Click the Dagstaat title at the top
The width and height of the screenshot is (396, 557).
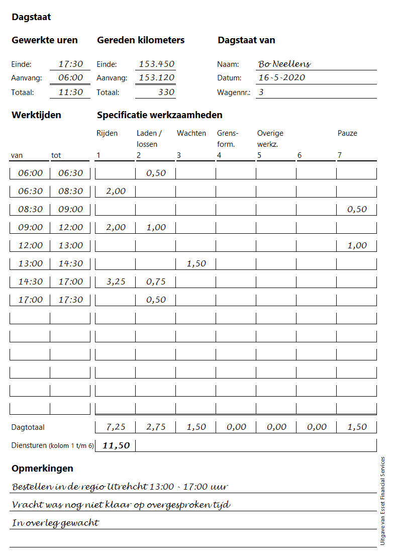tap(31, 17)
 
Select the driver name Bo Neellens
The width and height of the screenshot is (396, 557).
tap(284, 64)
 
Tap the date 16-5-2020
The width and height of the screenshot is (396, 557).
tap(281, 77)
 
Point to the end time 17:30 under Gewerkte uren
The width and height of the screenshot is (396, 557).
tap(70, 64)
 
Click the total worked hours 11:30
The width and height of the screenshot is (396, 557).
tap(70, 92)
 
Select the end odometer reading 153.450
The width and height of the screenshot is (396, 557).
tap(156, 64)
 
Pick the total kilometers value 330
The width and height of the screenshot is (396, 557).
tap(166, 92)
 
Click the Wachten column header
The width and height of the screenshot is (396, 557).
tap(191, 133)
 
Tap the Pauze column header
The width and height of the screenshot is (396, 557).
tap(347, 133)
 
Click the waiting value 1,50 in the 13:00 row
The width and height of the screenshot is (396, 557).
tap(196, 263)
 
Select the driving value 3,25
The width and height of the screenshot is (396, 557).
tap(116, 282)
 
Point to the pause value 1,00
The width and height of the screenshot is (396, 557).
tap(357, 245)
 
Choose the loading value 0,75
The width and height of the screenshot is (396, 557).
tap(156, 282)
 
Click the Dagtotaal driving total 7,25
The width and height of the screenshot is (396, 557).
tap(116, 427)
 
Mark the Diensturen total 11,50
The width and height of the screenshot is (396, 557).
tap(116, 445)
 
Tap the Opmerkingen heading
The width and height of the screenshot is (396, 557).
tap(42, 469)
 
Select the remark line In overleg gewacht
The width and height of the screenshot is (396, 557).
tap(55, 523)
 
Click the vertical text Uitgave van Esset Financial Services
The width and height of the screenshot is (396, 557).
tap(382, 501)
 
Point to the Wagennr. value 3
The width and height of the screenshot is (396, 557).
tap(261, 92)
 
